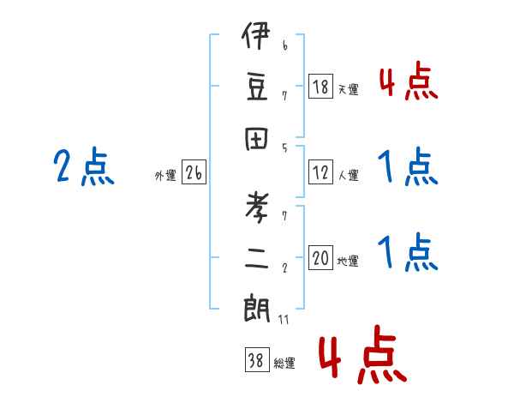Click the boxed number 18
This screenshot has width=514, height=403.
(x=320, y=86)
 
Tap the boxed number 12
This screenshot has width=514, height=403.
(x=320, y=172)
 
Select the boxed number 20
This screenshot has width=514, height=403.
(x=320, y=258)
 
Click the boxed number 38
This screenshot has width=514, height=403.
(x=255, y=361)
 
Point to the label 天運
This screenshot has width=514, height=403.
(x=348, y=89)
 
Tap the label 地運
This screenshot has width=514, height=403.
(x=348, y=262)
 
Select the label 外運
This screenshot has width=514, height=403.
(x=165, y=176)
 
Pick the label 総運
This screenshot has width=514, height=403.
(x=284, y=364)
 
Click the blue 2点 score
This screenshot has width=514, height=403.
(x=83, y=166)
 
